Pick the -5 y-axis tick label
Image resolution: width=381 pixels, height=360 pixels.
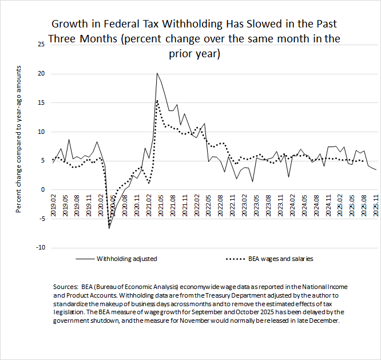(39, 218)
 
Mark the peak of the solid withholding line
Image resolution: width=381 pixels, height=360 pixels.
(157, 73)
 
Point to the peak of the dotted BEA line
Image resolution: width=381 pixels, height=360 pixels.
(157, 101)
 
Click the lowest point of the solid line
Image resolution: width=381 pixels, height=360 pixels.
(109, 228)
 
